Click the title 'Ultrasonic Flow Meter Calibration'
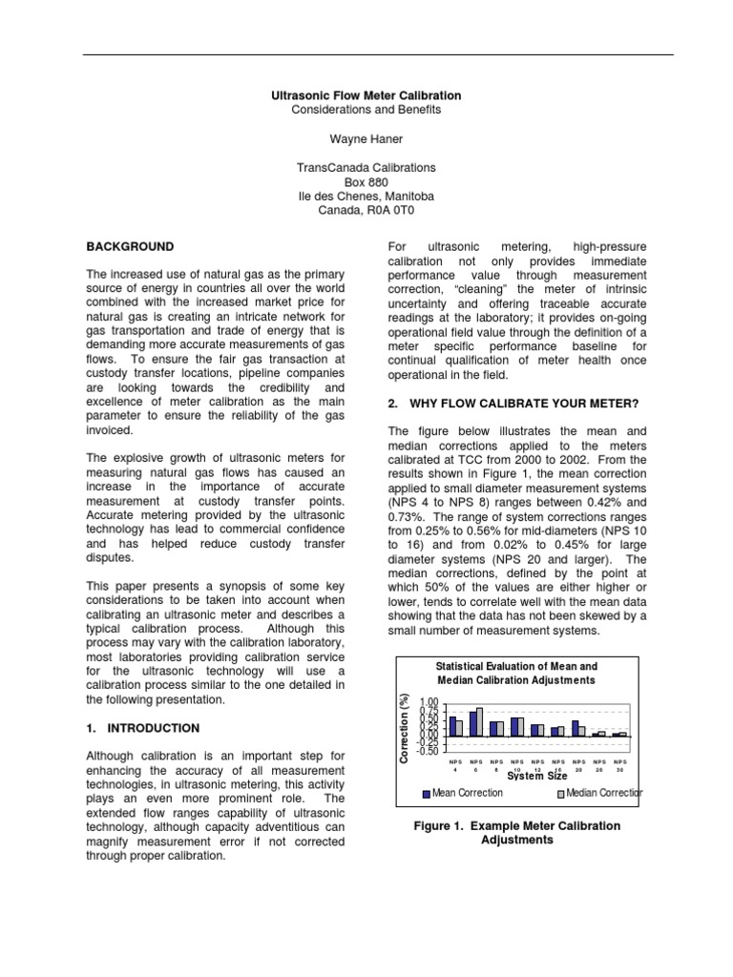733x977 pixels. coord(366,95)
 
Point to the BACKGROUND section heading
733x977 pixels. coord(130,246)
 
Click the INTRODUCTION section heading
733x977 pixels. coord(142,727)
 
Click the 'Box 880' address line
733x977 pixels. coord(366,181)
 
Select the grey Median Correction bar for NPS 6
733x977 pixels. coord(479,721)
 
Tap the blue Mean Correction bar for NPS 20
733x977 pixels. coord(576,728)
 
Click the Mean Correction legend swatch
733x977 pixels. coord(426,792)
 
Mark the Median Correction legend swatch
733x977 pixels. coord(560,792)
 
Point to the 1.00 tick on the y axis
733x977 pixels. coord(429,703)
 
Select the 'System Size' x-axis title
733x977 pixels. coord(537,776)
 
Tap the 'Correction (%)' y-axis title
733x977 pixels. coord(404,727)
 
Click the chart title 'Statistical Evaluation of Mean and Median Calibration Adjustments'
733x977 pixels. coord(516,673)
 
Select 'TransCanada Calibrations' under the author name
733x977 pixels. coord(366,167)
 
